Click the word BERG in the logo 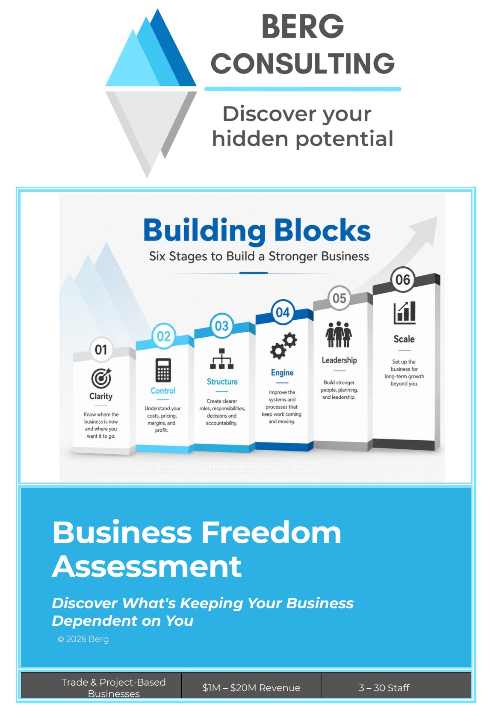coord(302,27)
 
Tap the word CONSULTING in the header coord(302,63)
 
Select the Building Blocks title coord(257,230)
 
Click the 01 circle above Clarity coord(101,349)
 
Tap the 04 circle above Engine coord(283,312)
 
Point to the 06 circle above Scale coord(402,280)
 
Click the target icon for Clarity coord(101,378)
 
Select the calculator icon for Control coord(163,370)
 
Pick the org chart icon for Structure coord(222,359)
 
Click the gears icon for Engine coord(283,346)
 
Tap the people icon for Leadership coord(339,334)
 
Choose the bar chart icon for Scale coord(404,312)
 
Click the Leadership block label coord(340,360)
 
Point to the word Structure coord(222,382)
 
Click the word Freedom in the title coord(271,533)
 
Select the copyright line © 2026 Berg coord(83,639)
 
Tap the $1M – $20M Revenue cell coord(251,687)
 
